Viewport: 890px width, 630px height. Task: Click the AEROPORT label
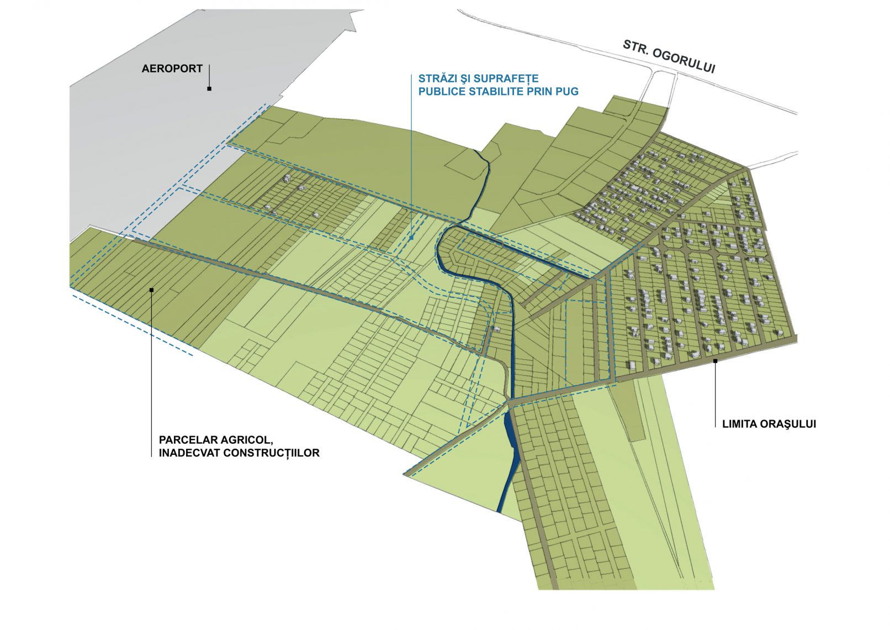tap(172, 69)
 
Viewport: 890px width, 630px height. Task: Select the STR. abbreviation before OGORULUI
tap(635, 46)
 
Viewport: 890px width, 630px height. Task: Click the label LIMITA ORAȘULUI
tap(769, 424)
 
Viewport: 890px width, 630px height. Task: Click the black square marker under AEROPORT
tap(209, 88)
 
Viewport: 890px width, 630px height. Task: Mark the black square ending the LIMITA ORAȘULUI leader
tap(715, 361)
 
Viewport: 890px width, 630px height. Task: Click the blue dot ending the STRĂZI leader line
tap(412, 239)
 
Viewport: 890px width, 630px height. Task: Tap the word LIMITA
tap(739, 424)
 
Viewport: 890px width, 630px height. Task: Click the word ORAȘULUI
tap(788, 424)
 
